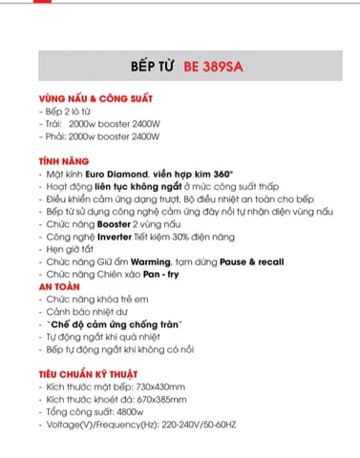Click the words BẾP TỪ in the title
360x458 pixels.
click(151, 69)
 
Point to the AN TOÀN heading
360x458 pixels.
click(59, 284)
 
